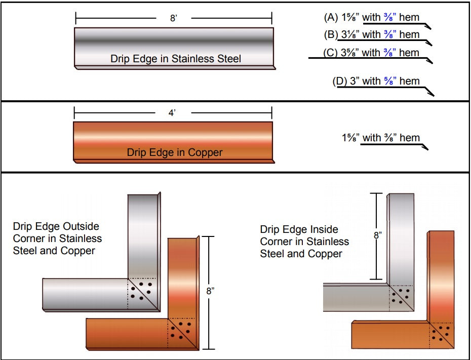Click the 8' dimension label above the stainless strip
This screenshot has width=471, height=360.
pyautogui.click(x=173, y=18)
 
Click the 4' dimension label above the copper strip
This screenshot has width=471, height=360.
pyautogui.click(x=172, y=113)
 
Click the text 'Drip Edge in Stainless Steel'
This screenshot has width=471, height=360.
pyautogui.click(x=176, y=59)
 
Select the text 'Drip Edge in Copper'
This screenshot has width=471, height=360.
pyautogui.click(x=174, y=152)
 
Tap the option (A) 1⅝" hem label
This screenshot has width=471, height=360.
pyautogui.click(x=371, y=18)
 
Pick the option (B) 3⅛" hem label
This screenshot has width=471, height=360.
pyautogui.click(x=371, y=35)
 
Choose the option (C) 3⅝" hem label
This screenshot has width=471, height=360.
pyautogui.click(x=371, y=53)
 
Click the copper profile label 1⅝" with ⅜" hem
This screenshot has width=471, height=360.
pyautogui.click(x=380, y=138)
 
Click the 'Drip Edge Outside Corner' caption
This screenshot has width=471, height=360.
pyautogui.click(x=57, y=238)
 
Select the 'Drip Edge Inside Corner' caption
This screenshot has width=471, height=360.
pyautogui.click(x=304, y=242)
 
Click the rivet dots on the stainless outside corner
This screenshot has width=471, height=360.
pyautogui.click(x=141, y=291)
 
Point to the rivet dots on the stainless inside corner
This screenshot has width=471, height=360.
pyautogui.click(x=401, y=296)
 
